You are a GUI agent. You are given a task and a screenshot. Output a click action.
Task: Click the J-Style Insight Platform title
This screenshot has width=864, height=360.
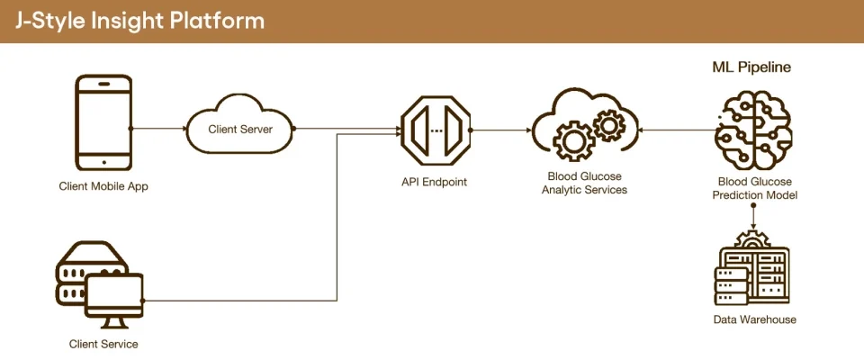(139, 21)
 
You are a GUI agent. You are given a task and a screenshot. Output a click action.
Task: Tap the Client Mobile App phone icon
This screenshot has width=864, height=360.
(103, 121)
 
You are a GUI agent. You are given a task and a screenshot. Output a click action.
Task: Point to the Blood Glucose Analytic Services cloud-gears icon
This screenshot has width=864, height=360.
(583, 129)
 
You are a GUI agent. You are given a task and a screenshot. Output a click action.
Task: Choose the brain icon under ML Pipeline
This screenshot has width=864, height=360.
(752, 126)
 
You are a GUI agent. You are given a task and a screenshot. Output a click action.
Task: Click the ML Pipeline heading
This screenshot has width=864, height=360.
(752, 67)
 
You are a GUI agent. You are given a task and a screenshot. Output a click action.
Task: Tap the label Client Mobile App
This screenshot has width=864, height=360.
(103, 187)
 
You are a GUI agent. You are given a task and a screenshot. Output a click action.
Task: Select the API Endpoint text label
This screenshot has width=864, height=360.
(435, 182)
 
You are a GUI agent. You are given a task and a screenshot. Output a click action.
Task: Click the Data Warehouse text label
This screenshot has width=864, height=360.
(754, 319)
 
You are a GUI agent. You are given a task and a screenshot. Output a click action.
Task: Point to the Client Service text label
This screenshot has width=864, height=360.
(103, 344)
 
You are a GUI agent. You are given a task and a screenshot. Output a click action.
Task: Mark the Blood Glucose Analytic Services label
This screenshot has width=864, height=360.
(584, 183)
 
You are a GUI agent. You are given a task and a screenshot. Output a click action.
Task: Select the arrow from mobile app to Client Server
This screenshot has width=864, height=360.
(159, 129)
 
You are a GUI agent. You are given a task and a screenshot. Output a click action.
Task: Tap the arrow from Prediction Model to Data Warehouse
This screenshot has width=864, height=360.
(752, 215)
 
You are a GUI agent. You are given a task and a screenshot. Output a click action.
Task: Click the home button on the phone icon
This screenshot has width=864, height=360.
(103, 163)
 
